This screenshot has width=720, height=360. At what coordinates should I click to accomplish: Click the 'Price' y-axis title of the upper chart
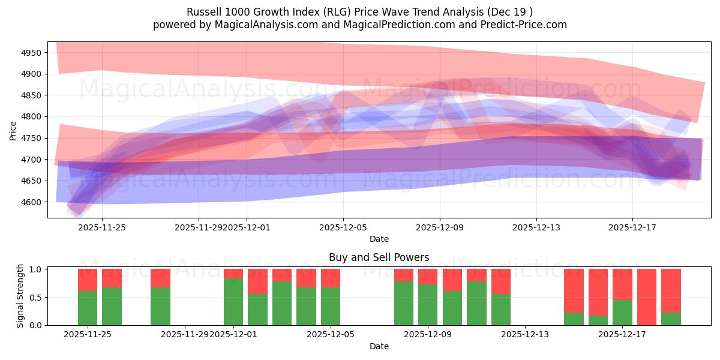click(13, 130)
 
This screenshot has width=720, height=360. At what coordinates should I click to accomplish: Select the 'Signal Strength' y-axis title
click(20, 296)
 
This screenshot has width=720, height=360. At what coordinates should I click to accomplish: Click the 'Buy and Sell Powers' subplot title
click(379, 257)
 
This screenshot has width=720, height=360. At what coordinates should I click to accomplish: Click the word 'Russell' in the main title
click(203, 12)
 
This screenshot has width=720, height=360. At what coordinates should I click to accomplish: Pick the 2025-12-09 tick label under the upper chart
click(440, 227)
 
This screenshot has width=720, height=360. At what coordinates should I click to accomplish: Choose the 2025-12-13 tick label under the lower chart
click(525, 335)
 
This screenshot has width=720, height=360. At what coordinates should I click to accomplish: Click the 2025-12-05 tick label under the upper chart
click(343, 227)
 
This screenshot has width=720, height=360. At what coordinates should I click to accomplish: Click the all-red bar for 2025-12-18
click(647, 297)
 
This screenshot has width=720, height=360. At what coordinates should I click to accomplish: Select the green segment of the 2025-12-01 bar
click(233, 302)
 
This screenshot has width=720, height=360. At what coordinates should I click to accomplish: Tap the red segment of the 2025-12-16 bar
click(598, 292)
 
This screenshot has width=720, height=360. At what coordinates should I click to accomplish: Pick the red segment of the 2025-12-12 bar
click(501, 281)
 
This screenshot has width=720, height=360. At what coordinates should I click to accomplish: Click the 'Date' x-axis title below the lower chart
click(379, 346)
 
